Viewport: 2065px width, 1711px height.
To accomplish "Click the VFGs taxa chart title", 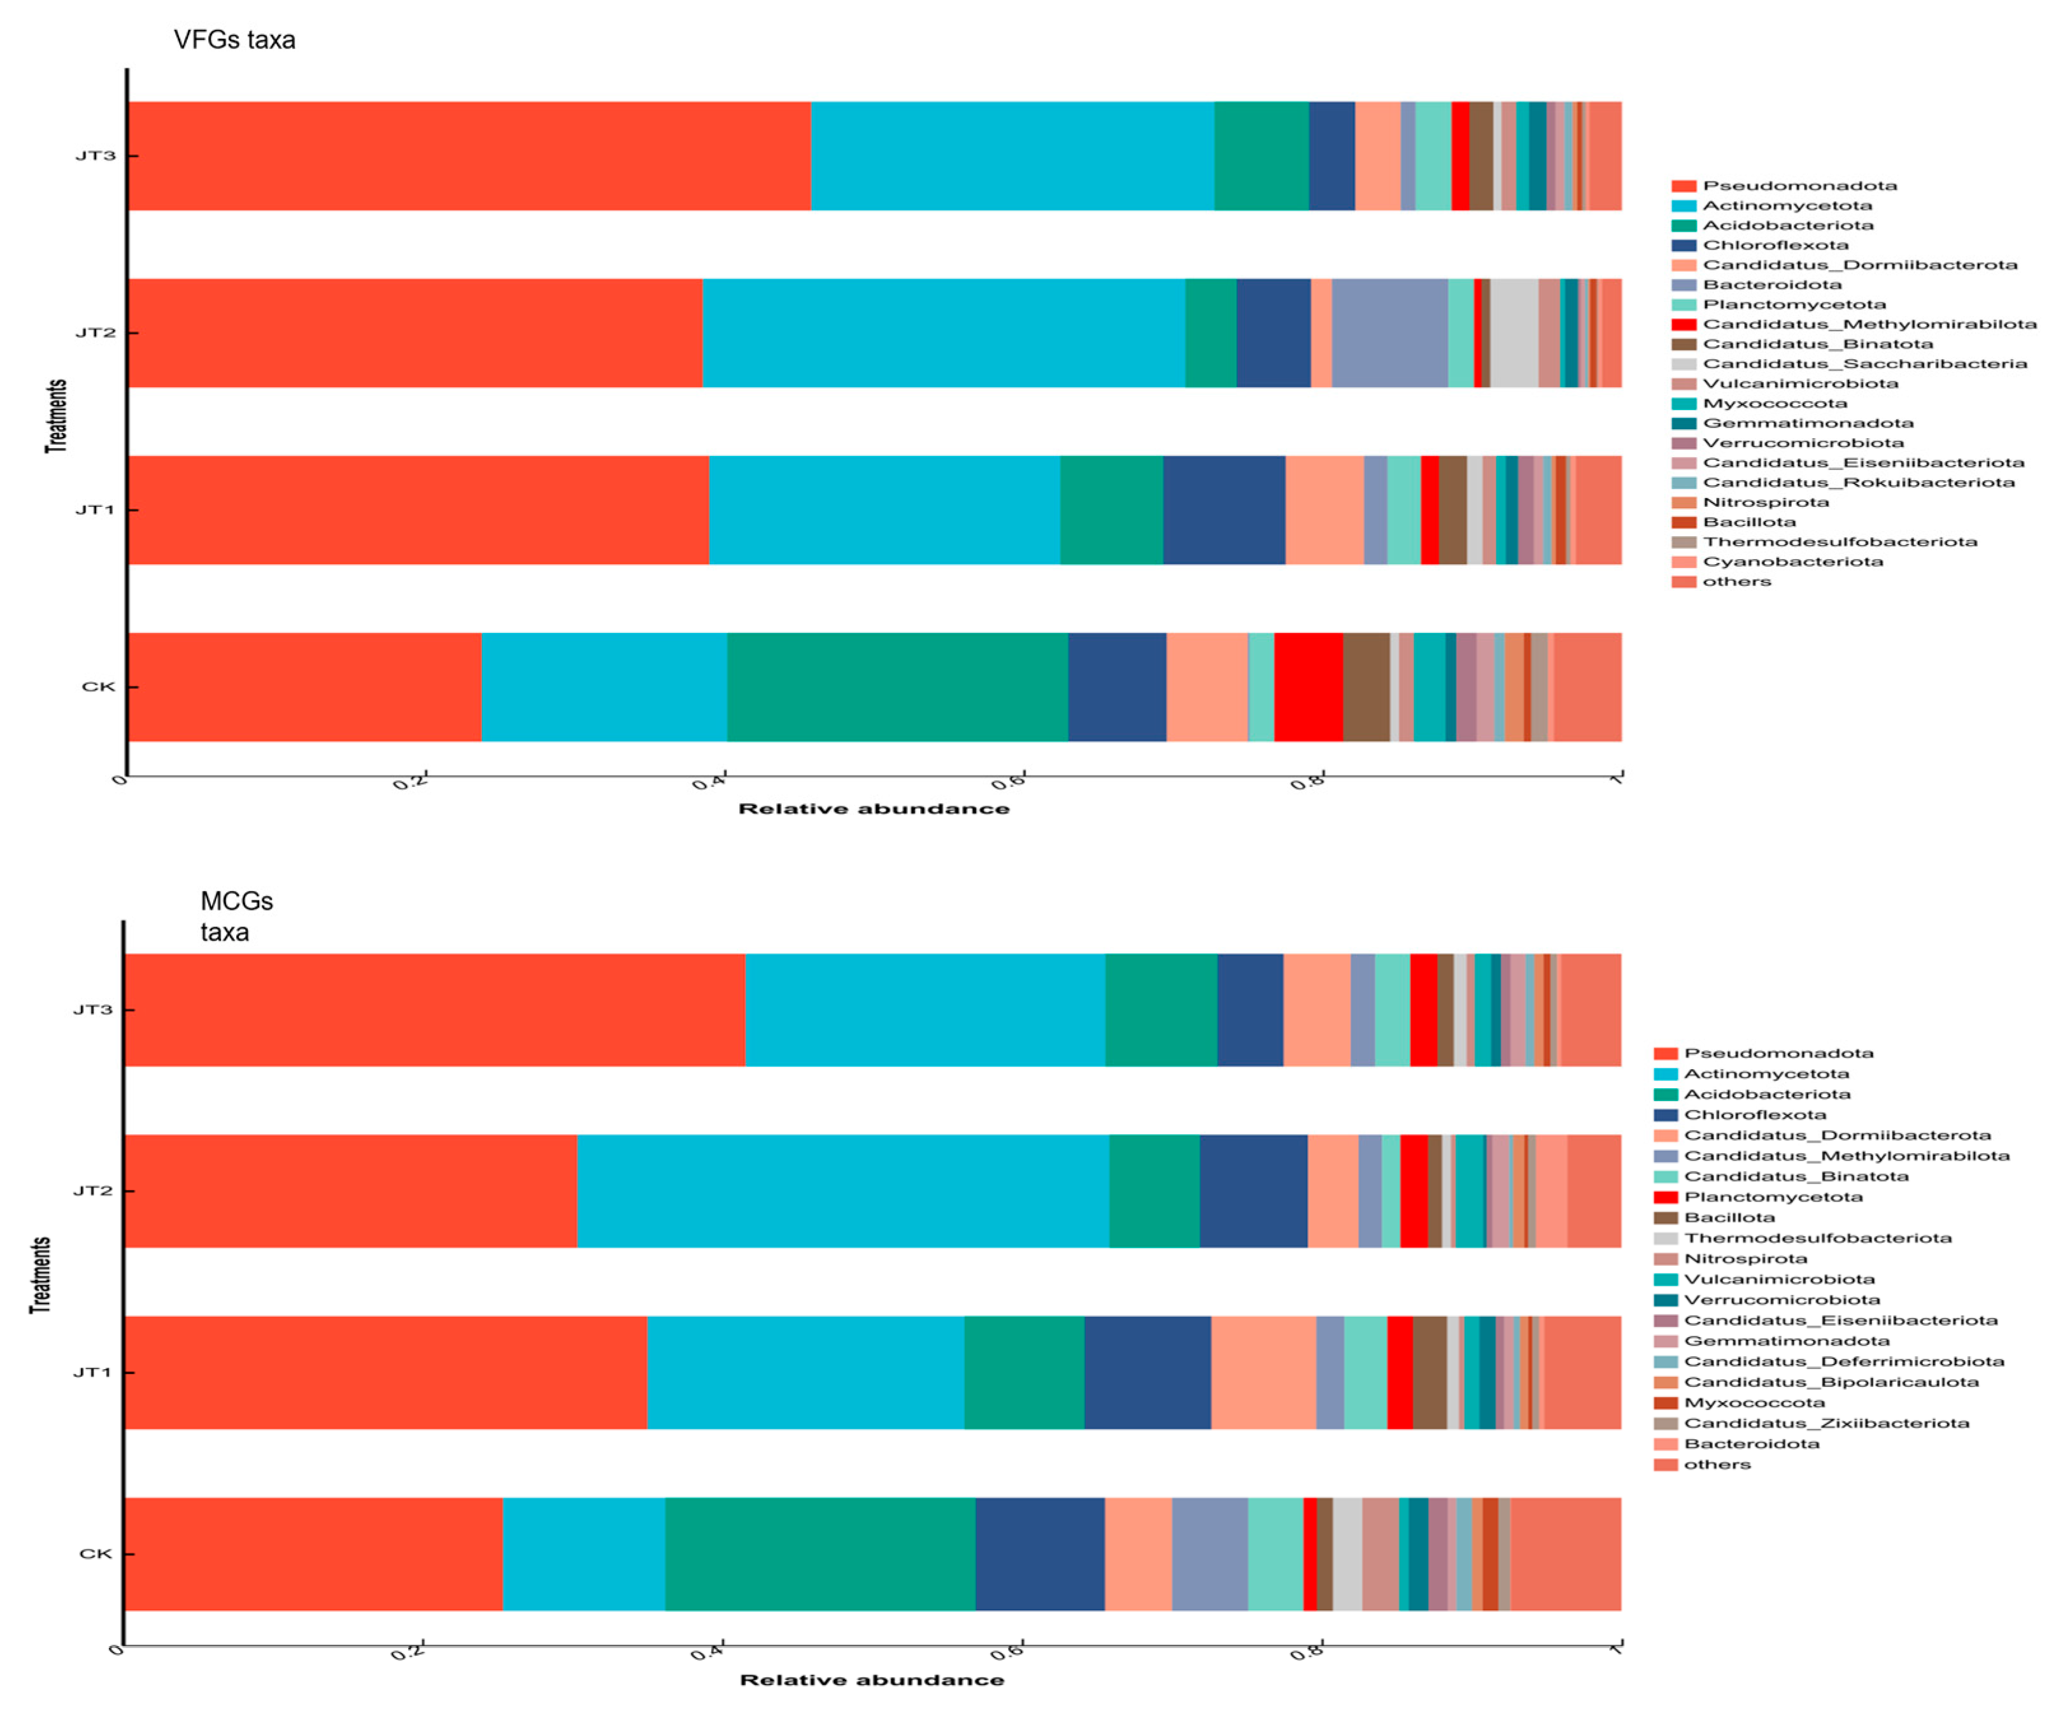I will point(234,40).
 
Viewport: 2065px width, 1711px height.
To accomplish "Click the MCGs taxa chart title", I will point(236,916).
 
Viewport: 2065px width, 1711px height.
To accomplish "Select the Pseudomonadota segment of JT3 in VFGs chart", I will point(468,155).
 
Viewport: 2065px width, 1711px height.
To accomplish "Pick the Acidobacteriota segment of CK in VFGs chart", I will point(897,686).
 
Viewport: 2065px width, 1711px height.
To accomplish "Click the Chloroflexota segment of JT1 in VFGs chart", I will point(1223,509).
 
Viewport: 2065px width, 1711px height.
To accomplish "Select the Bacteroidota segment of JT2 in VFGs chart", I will point(1389,332).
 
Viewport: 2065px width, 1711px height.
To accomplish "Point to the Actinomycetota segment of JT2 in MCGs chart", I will point(842,1191).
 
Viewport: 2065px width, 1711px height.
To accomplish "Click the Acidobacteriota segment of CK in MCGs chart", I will point(820,1554).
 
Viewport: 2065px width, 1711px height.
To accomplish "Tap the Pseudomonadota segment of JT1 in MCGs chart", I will point(385,1372).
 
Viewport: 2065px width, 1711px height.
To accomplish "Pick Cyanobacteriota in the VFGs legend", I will point(1792,562).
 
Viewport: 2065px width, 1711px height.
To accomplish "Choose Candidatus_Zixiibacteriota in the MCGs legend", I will point(1826,1423).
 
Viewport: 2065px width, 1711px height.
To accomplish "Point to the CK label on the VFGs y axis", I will point(97,686).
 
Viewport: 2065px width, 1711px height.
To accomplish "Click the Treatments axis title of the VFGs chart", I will point(56,416).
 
